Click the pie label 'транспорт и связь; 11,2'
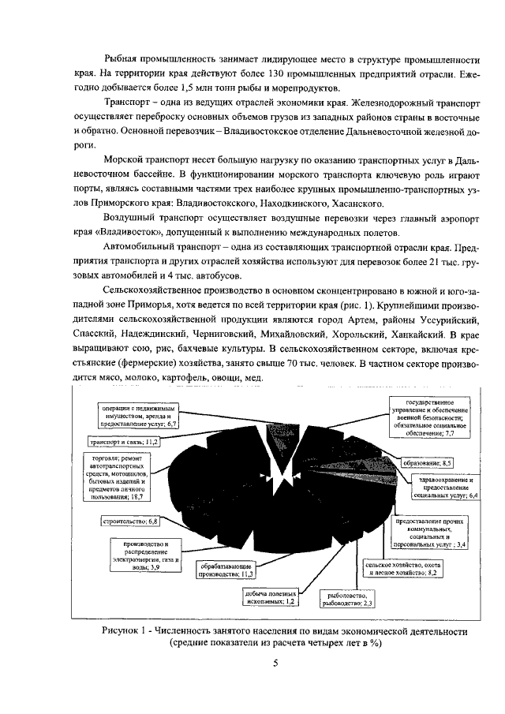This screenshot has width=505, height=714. pyautogui.click(x=122, y=443)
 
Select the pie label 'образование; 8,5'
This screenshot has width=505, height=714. pyautogui.click(x=434, y=462)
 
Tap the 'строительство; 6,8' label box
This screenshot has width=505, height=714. pyautogui.click(x=131, y=521)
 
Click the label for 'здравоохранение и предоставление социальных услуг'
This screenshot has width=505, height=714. pyautogui.click(x=445, y=489)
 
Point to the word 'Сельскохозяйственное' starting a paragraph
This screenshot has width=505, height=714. pyautogui.click(x=157, y=291)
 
